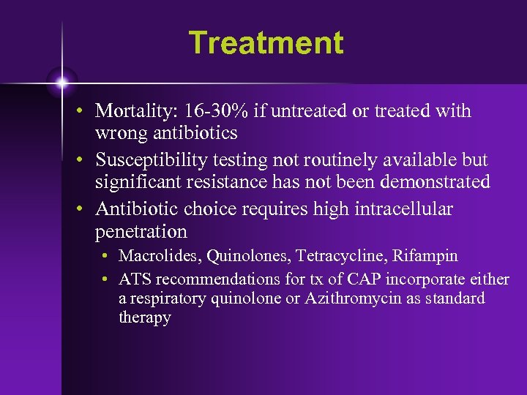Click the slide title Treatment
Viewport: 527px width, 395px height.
point(266,42)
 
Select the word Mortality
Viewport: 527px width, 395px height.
point(132,111)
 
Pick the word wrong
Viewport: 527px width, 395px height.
point(119,133)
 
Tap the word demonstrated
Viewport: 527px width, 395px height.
point(430,181)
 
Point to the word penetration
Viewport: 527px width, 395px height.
point(141,232)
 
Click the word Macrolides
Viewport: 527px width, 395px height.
point(160,256)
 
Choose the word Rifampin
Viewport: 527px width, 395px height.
point(425,256)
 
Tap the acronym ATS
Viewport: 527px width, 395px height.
point(135,279)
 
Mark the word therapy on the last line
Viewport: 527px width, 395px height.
point(145,318)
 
